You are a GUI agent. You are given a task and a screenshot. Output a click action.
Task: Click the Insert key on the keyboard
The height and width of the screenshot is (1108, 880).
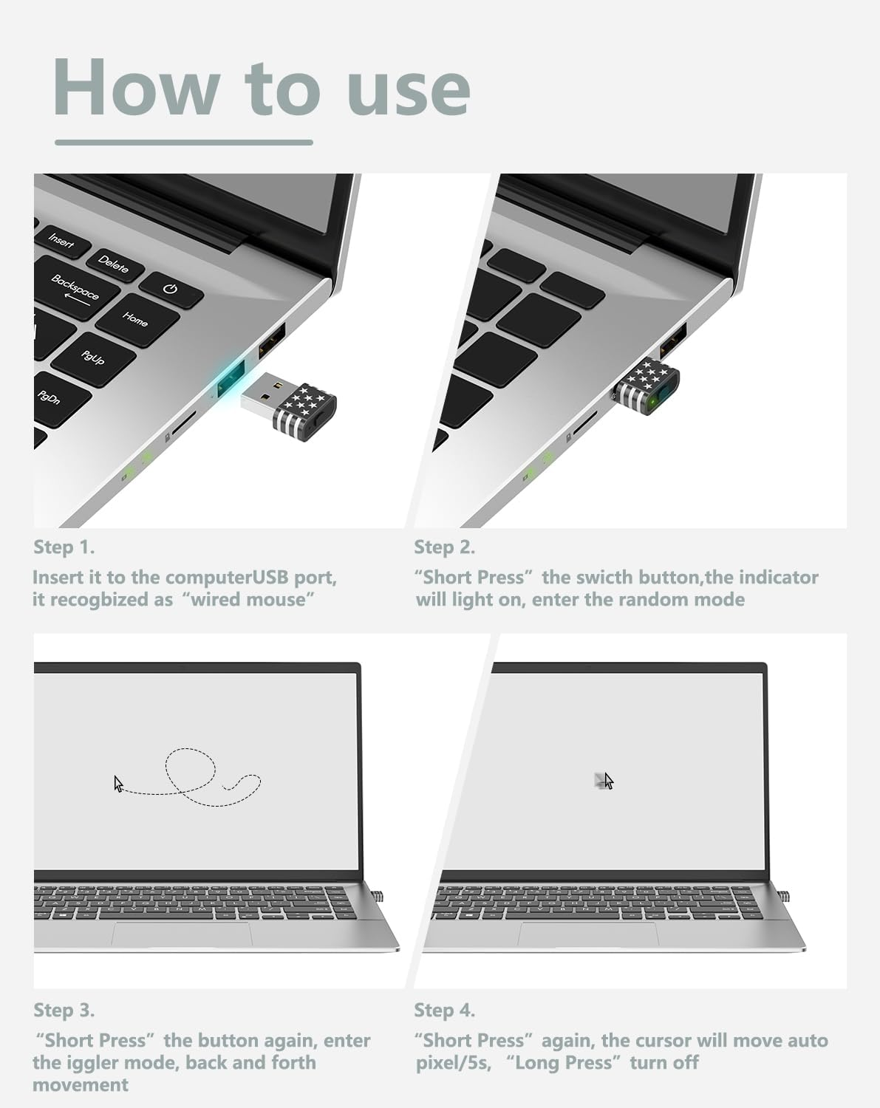click(x=62, y=241)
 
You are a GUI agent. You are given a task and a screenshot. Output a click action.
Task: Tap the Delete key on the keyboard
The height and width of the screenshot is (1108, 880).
click(x=113, y=264)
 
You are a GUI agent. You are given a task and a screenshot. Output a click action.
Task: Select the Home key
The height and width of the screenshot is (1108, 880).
click(x=135, y=318)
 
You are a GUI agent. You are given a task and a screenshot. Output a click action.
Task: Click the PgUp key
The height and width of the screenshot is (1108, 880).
click(x=93, y=358)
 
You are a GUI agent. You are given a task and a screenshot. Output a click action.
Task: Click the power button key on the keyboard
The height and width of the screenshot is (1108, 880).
click(x=171, y=289)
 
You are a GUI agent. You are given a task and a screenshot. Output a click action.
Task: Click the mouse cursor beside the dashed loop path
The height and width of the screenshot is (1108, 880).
click(x=118, y=784)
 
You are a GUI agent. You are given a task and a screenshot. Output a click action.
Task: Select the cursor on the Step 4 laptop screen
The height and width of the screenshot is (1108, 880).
click(x=608, y=781)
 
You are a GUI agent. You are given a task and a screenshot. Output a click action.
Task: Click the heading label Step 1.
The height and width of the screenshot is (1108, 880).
click(x=64, y=547)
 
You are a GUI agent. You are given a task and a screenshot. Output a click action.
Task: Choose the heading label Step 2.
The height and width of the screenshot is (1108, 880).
click(x=444, y=547)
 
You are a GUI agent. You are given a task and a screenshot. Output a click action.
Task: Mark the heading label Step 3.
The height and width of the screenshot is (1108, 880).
click(x=64, y=1010)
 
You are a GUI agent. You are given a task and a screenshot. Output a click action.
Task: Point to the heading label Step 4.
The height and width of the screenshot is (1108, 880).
click(x=444, y=1010)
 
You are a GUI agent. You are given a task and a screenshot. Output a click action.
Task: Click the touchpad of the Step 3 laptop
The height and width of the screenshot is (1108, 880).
click(x=181, y=934)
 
